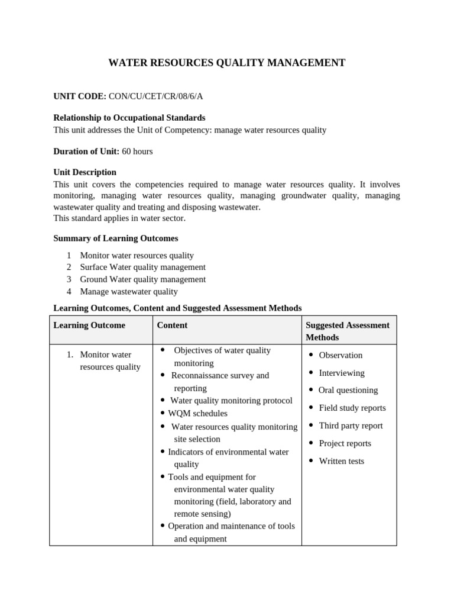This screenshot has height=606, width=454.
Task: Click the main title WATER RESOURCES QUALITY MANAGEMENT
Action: click(227, 63)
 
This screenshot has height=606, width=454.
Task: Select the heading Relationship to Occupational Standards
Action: click(129, 118)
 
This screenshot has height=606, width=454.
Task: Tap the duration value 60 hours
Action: click(137, 151)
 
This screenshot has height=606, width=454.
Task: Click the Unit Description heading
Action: click(85, 172)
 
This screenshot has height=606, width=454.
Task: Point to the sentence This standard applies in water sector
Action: click(119, 218)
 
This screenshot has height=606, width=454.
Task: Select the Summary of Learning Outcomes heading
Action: click(115, 238)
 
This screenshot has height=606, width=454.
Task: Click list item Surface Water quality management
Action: click(142, 267)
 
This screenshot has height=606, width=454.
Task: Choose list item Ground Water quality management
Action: click(142, 279)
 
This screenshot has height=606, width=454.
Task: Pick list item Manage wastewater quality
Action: click(128, 291)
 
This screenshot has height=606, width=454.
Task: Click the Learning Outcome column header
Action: click(89, 325)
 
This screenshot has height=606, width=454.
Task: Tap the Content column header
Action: click(172, 325)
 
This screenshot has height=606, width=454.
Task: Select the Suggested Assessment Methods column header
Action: click(347, 331)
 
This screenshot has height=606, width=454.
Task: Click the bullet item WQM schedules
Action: click(197, 413)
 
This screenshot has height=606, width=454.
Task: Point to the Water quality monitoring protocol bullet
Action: click(231, 401)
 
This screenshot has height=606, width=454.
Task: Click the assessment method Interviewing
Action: click(342, 373)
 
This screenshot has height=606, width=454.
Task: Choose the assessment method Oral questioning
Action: click(348, 390)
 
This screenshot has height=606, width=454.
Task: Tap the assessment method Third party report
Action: click(351, 426)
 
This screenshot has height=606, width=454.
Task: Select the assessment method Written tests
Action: click(342, 461)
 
